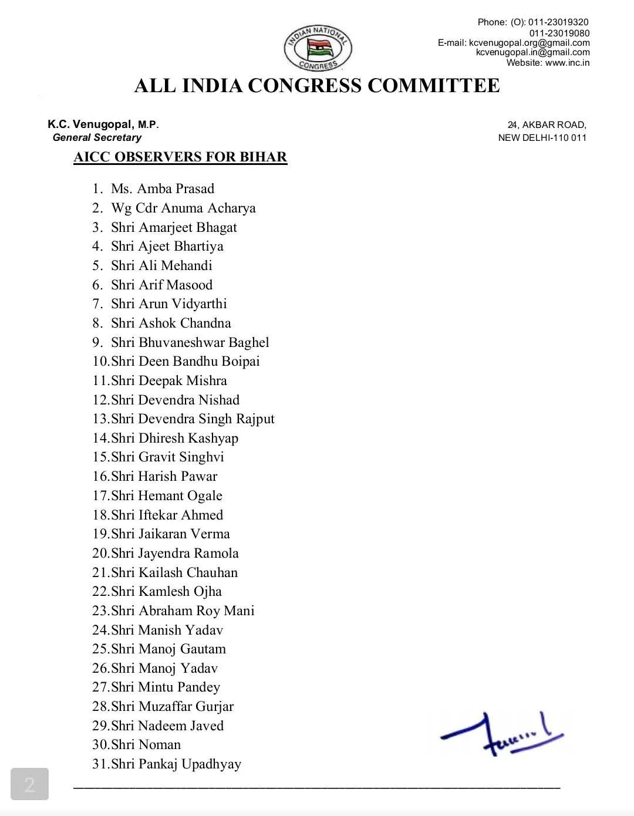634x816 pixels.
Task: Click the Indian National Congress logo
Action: [318, 48]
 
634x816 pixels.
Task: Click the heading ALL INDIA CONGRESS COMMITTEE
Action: [317, 86]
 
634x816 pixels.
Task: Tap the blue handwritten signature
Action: [502, 734]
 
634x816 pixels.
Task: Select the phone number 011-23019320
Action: [558, 22]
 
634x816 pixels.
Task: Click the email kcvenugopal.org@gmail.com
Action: [529, 43]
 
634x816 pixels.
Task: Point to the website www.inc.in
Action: [567, 63]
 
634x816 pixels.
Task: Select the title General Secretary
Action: [97, 137]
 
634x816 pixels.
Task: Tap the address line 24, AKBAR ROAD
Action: [547, 124]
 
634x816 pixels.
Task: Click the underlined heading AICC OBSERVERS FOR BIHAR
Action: [180, 157]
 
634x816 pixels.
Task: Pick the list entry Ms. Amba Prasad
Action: [163, 189]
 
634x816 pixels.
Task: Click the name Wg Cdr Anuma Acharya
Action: [183, 208]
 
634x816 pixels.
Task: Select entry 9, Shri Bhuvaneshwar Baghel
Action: [190, 342]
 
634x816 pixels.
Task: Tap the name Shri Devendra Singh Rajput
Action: [193, 419]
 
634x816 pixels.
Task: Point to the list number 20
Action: [100, 553]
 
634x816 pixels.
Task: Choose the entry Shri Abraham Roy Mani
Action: [183, 611]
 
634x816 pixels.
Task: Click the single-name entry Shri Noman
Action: [146, 744]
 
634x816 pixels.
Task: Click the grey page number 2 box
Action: [29, 784]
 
